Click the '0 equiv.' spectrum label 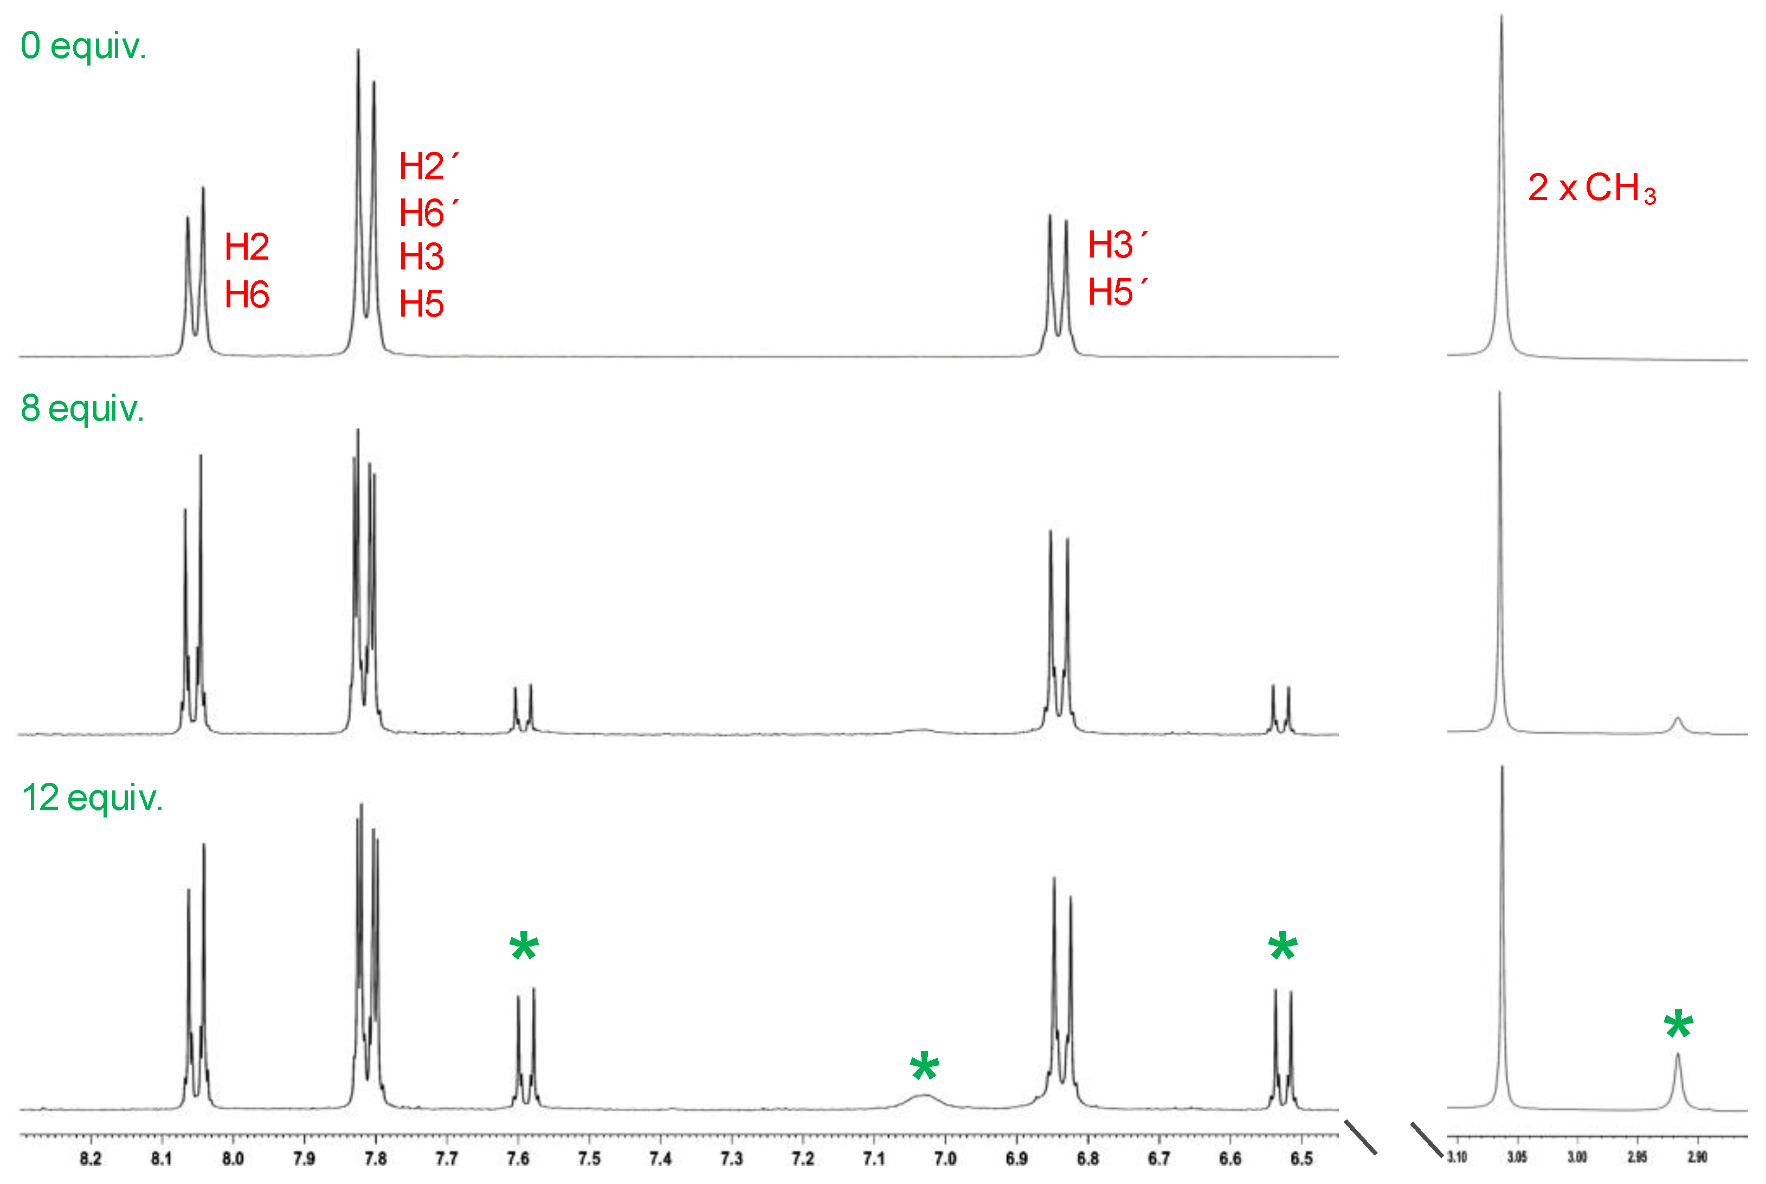83,47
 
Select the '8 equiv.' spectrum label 82,409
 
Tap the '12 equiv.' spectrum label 92,798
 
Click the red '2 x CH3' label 1591,188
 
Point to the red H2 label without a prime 247,247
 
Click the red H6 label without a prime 247,294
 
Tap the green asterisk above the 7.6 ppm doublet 524,948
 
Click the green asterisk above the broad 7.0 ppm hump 924,1069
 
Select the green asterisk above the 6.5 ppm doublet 1283,948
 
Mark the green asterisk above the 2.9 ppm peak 1678,1026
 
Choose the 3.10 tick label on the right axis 1456,1157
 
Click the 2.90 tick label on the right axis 1697,1157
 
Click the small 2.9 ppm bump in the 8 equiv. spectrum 1678,721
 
